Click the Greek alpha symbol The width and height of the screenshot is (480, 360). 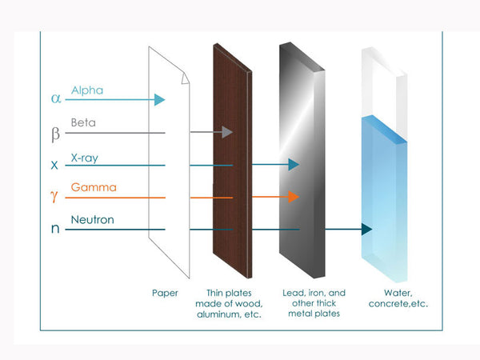[55, 99]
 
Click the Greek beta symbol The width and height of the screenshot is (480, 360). [55, 133]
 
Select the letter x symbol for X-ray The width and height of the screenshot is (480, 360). [54, 165]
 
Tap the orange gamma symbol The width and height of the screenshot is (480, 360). [54, 198]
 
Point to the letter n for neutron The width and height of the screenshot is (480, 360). [54, 229]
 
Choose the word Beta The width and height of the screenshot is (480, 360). [83, 123]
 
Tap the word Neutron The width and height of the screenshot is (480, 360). [91, 219]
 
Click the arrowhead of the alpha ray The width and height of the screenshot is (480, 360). [159, 99]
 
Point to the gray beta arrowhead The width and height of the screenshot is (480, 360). [227, 132]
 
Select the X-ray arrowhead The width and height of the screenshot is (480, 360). [294, 164]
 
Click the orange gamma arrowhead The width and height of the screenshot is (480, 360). [294, 197]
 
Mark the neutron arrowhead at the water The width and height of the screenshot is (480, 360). [366, 229]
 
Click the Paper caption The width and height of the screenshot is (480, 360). [165, 292]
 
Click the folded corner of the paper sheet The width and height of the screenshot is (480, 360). [185, 78]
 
